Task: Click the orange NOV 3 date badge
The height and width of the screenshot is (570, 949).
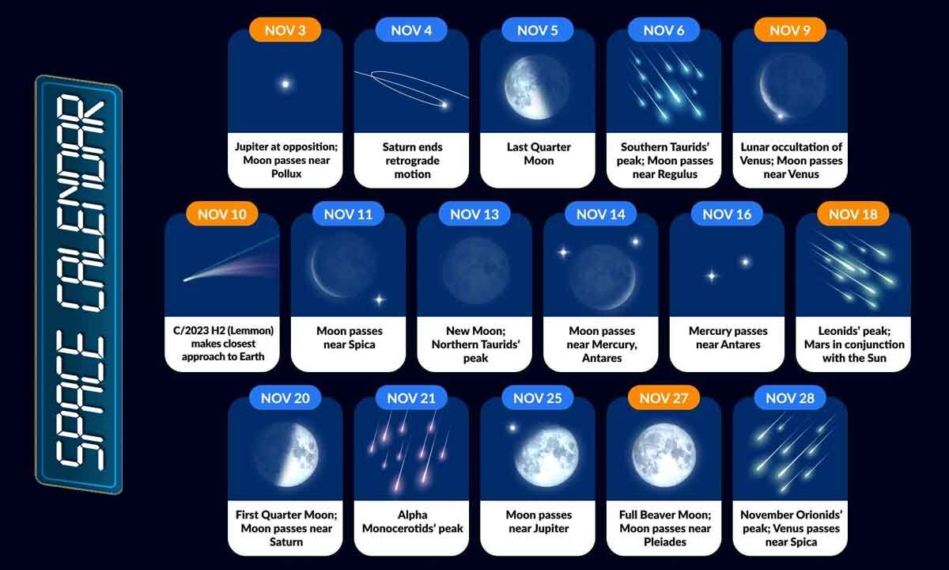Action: [285, 30]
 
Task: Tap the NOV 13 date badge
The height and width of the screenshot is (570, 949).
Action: [475, 214]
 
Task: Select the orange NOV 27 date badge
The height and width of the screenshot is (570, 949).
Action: [664, 398]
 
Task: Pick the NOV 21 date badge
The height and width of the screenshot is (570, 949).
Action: [411, 398]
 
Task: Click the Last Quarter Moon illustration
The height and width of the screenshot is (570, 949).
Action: [536, 86]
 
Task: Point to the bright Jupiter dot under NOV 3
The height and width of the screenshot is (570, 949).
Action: [285, 83]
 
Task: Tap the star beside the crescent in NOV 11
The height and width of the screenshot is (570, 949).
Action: [379, 299]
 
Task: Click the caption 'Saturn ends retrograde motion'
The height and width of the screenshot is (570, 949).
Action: [412, 161]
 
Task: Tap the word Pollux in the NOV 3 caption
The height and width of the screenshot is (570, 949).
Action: [285, 174]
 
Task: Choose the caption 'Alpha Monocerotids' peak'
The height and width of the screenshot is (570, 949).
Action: [412, 522]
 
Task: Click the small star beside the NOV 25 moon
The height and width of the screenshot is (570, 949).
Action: [512, 427]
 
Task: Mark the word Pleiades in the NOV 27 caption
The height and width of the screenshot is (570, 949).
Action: [664, 542]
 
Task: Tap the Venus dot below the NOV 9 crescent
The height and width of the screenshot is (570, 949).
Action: [781, 116]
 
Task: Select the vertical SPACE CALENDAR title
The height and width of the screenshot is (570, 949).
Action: [78, 285]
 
